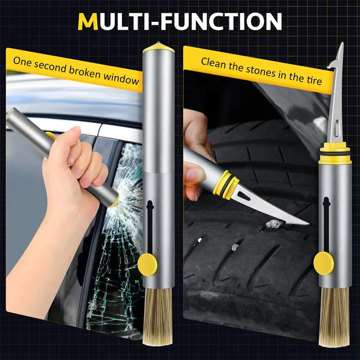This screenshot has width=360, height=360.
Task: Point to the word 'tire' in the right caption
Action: point(312,79)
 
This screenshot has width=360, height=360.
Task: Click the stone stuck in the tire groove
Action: point(273,223)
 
